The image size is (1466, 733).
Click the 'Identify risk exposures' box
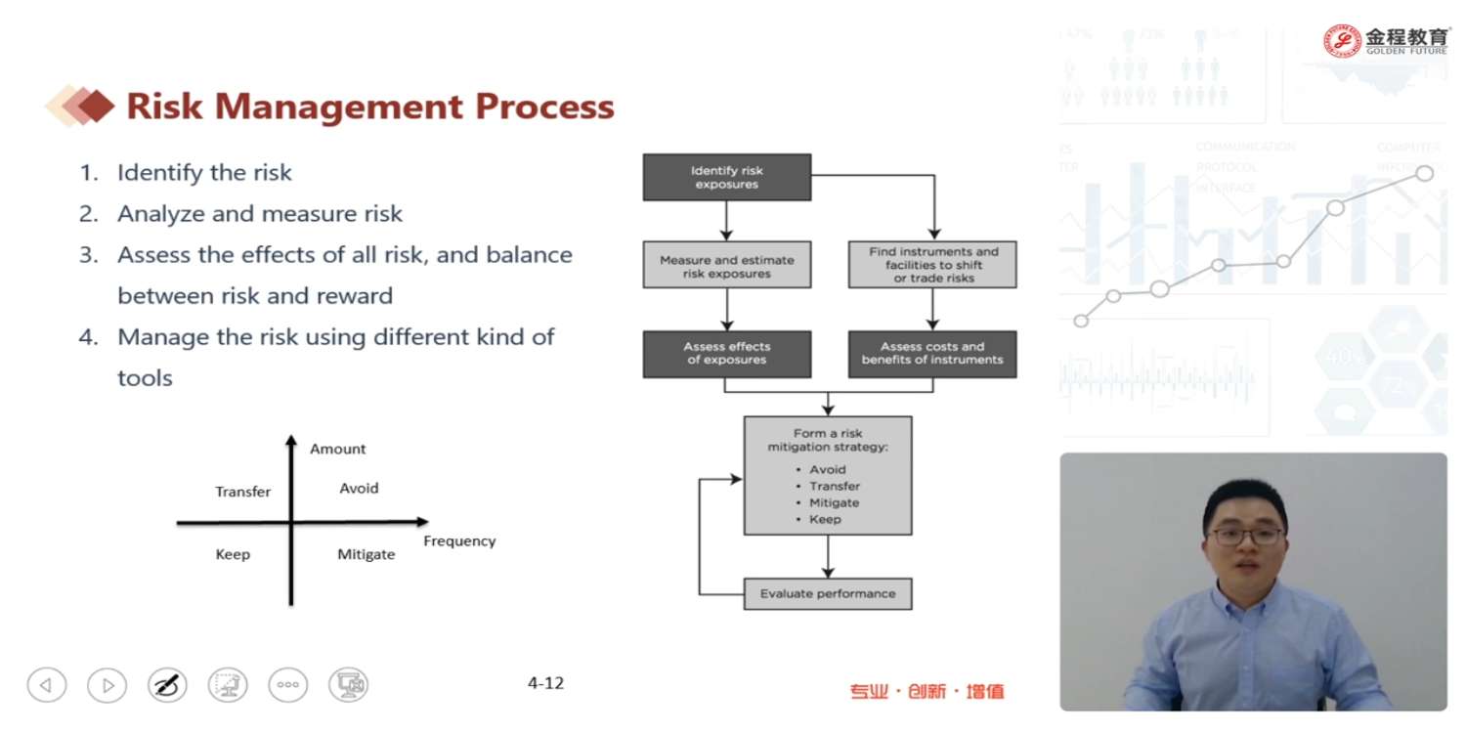[726, 177]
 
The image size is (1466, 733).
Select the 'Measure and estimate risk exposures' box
[726, 265]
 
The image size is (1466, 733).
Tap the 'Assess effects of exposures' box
[726, 353]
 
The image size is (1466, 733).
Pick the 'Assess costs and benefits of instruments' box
[931, 353]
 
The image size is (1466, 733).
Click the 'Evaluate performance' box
[827, 593]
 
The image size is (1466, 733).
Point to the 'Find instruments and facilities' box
[931, 265]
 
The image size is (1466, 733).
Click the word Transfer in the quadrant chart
[242, 492]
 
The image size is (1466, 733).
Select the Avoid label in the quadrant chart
[359, 488]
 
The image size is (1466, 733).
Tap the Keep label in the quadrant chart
[233, 554]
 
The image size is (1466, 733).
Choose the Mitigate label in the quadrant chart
[366, 554]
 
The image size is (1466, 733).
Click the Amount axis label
[337, 449]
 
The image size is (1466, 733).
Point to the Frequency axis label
[459, 540]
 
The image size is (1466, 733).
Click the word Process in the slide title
[545, 106]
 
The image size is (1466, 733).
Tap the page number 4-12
[545, 683]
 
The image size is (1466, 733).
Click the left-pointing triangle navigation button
[46, 685]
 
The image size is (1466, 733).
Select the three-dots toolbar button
[287, 685]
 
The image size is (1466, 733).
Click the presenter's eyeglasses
[1245, 536]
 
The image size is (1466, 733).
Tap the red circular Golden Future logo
[1342, 41]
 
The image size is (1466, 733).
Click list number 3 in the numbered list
[89, 255]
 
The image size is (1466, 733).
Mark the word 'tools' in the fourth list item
[145, 378]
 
